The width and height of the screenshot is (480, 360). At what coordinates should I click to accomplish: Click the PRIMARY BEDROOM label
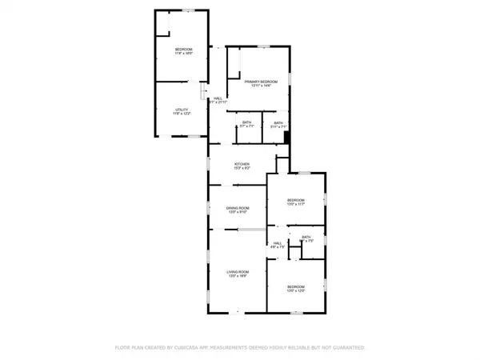261,82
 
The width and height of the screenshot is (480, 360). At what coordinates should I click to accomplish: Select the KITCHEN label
242,165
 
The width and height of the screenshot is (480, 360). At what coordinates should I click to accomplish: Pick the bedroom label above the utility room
185,50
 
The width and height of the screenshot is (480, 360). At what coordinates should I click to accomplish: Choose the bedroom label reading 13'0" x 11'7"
296,200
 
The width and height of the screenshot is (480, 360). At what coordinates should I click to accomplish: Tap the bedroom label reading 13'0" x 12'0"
296,286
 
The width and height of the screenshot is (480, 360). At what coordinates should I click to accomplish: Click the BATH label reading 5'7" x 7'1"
246,122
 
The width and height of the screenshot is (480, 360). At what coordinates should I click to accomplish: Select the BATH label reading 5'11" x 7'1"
278,122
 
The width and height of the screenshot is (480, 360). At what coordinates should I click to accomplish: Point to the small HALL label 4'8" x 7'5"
278,243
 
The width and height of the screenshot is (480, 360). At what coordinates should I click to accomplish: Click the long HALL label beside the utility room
218,98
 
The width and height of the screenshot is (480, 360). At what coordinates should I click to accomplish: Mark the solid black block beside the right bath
286,138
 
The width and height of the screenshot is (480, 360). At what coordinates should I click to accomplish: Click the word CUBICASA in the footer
201,348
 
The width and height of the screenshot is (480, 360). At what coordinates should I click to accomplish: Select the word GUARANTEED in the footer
350,348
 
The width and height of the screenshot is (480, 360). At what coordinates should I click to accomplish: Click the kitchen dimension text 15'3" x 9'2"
242,169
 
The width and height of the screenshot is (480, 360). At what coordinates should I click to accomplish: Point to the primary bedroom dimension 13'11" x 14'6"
261,86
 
